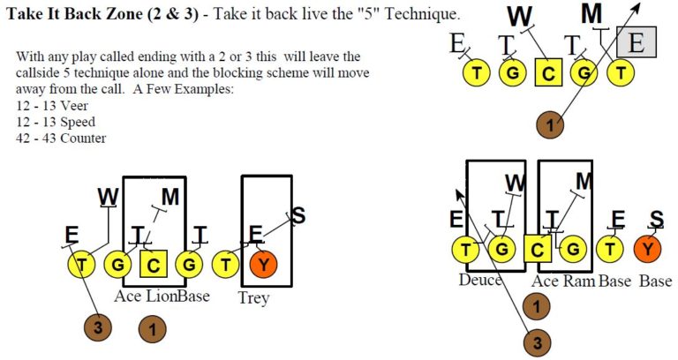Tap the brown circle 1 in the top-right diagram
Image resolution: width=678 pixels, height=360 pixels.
tap(551, 125)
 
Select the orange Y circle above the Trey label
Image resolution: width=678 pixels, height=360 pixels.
tap(264, 263)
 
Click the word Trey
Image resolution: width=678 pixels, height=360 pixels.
tap(253, 298)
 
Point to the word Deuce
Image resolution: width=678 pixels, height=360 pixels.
tap(480, 281)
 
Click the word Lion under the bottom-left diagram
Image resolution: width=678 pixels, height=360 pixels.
tap(162, 296)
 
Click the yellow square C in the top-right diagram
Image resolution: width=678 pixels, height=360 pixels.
tap(549, 74)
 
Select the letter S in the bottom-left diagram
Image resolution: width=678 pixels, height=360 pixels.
tap(298, 214)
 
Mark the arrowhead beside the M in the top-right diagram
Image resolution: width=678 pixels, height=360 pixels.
tap(637, 5)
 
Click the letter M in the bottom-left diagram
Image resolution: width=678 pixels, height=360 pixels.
tap(170, 197)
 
